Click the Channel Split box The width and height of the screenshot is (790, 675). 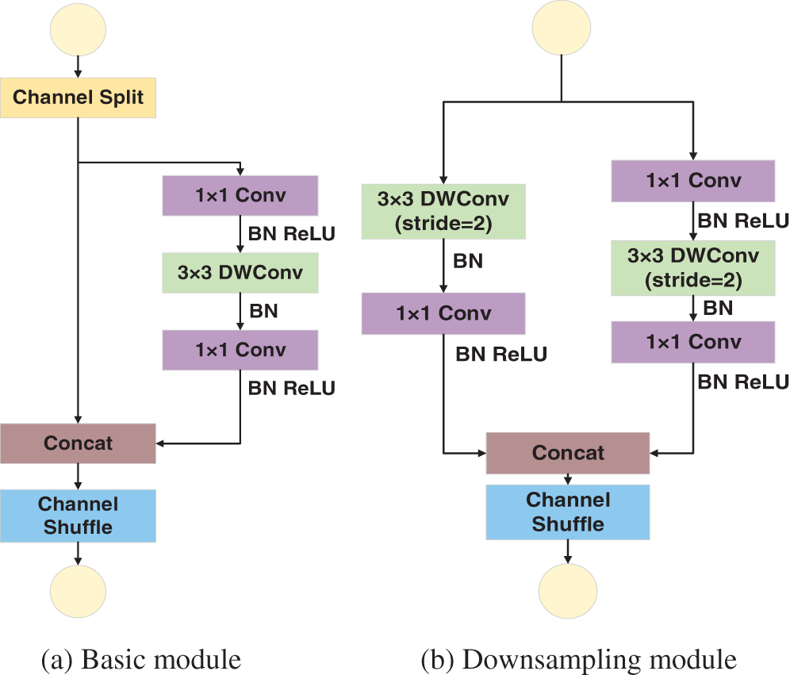[x=78, y=98]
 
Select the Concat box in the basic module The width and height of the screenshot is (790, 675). [x=78, y=443]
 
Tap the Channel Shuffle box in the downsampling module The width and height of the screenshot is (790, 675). [x=568, y=512]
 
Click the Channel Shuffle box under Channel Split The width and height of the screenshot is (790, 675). [x=78, y=516]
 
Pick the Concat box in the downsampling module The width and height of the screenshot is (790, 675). [x=568, y=453]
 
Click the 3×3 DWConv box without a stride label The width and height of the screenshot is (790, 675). [x=240, y=273]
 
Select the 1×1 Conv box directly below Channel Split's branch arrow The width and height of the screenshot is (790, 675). [x=240, y=195]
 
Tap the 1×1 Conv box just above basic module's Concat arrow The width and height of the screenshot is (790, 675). [x=240, y=350]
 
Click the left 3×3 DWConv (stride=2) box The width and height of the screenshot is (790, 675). [x=443, y=212]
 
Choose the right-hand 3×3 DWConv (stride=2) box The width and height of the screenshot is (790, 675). [x=693, y=268]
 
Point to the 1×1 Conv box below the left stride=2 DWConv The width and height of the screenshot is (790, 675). [x=443, y=313]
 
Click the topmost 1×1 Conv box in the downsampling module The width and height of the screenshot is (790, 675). [x=693, y=181]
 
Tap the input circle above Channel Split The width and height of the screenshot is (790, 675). [x=78, y=29]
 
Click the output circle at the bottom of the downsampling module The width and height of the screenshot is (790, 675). [x=568, y=592]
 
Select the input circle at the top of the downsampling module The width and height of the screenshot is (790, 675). [x=562, y=27]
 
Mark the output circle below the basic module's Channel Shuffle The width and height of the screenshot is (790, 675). [x=78, y=592]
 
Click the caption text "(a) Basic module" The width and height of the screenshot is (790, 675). [x=141, y=660]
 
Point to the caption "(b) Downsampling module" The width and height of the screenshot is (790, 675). [x=579, y=660]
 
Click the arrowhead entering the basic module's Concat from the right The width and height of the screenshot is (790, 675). [x=160, y=443]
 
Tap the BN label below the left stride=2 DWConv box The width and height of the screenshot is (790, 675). [x=468, y=261]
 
